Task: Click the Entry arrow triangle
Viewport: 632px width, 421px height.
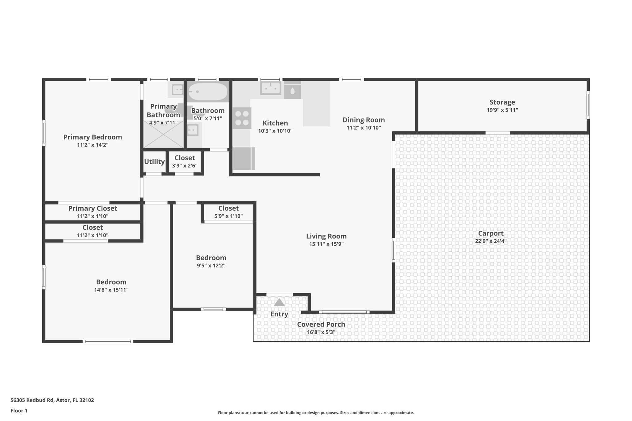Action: point(279,302)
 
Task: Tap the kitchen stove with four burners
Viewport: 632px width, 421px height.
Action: point(242,118)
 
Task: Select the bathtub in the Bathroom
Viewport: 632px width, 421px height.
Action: point(208,92)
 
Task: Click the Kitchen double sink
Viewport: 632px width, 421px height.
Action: point(271,88)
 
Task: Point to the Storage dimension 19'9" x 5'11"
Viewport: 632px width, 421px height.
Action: point(502,110)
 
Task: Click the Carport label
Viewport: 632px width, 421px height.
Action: point(491,233)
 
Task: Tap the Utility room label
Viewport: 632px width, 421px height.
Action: point(154,162)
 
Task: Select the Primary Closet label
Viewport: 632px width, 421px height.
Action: point(93,208)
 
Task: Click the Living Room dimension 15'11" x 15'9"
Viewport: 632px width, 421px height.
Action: point(326,244)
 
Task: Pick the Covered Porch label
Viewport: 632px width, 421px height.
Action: point(321,324)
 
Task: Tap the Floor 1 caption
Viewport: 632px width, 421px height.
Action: point(19,411)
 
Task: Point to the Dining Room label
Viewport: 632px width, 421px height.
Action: point(364,120)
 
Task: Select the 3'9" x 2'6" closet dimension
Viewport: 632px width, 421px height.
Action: point(185,166)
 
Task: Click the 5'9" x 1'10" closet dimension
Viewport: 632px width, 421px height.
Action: point(228,216)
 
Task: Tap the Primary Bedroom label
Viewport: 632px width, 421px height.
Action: point(93,137)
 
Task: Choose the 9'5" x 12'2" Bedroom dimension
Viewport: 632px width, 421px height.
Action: point(211,266)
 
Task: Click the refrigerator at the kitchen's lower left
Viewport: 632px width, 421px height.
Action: point(243,159)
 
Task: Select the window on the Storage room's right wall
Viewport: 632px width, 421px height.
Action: point(588,105)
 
